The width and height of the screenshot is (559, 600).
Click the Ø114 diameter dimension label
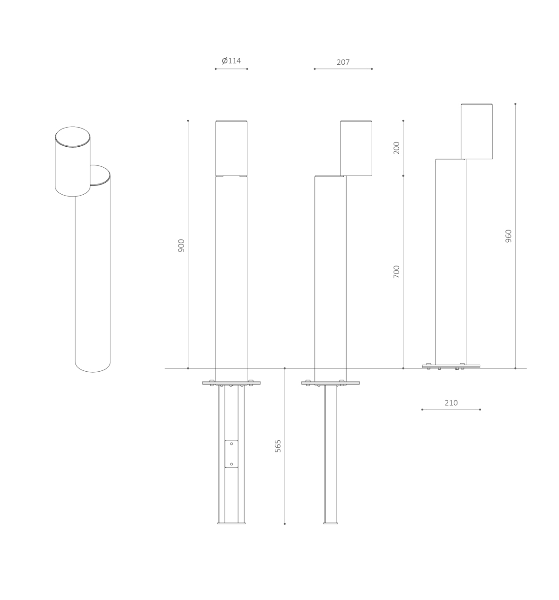coord(231,61)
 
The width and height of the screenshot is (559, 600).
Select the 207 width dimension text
coord(343,62)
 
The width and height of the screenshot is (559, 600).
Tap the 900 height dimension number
coord(181,245)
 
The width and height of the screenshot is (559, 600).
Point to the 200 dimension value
coord(396,148)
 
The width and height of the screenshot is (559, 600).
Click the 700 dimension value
coord(396,272)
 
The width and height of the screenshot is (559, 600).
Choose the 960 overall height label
coord(508,236)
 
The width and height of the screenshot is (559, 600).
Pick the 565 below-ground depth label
coord(278,446)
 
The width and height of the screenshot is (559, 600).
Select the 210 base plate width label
coord(451,403)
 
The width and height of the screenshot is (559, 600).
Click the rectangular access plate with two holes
coord(231,454)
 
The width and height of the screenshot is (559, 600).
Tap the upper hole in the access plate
coord(232,444)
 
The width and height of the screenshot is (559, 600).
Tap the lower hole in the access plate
coord(232,464)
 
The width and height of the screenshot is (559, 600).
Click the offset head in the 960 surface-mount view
coord(477,132)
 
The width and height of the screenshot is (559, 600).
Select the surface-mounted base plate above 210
coord(451,366)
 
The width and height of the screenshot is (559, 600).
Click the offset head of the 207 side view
coord(356,148)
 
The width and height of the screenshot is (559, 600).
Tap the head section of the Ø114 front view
coord(231,148)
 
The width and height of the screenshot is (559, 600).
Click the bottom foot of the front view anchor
coord(231,523)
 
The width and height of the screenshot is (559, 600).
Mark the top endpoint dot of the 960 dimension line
coord(515,104)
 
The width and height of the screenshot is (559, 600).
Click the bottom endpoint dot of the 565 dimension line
coord(285,524)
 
